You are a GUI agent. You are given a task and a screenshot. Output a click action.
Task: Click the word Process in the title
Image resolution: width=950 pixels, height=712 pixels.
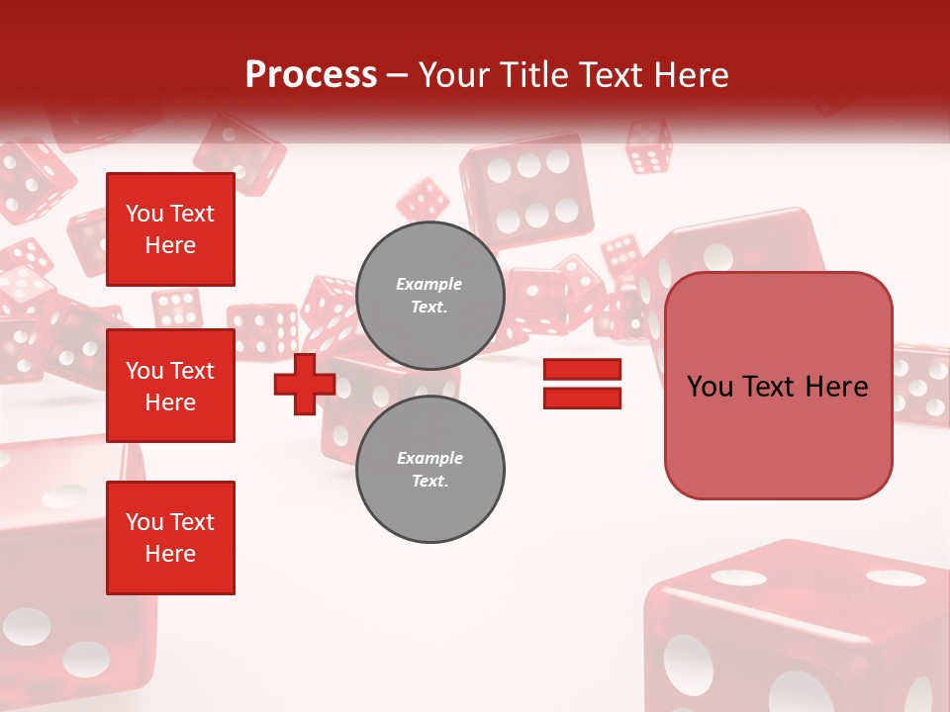tap(311, 75)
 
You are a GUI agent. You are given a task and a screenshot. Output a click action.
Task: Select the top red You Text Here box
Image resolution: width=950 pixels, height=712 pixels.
tap(170, 229)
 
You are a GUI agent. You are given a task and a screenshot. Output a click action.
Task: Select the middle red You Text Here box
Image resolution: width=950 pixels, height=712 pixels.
tap(170, 386)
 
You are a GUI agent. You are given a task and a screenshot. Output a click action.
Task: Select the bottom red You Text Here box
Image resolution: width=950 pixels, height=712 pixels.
tap(170, 538)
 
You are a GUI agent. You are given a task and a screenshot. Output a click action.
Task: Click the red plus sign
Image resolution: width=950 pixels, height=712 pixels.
tap(304, 385)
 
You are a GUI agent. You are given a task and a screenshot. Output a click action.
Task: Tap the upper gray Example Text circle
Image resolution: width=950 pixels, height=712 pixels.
tap(429, 296)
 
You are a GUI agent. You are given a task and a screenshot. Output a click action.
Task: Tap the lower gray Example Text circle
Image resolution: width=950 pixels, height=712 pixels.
tap(429, 470)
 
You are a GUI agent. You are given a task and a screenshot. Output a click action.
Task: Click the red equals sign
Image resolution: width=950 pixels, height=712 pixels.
tap(582, 385)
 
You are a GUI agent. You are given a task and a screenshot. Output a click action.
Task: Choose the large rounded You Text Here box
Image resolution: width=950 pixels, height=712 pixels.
tap(778, 386)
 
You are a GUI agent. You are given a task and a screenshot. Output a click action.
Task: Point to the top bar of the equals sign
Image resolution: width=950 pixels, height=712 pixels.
tap(582, 370)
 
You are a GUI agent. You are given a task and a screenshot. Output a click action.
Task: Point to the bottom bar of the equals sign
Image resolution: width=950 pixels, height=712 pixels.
tap(582, 399)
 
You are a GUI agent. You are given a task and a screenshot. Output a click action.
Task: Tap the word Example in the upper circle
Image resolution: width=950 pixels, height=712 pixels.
tap(429, 284)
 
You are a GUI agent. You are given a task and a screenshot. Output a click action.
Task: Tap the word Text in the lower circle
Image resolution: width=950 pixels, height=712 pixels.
tap(429, 482)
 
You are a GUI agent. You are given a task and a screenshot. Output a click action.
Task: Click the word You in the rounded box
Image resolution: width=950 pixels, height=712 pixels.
tap(710, 387)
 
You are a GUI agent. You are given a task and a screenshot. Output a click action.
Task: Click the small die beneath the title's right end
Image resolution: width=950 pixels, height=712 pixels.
tap(649, 147)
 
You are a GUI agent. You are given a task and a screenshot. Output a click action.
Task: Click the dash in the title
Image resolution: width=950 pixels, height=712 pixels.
tap(398, 75)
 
